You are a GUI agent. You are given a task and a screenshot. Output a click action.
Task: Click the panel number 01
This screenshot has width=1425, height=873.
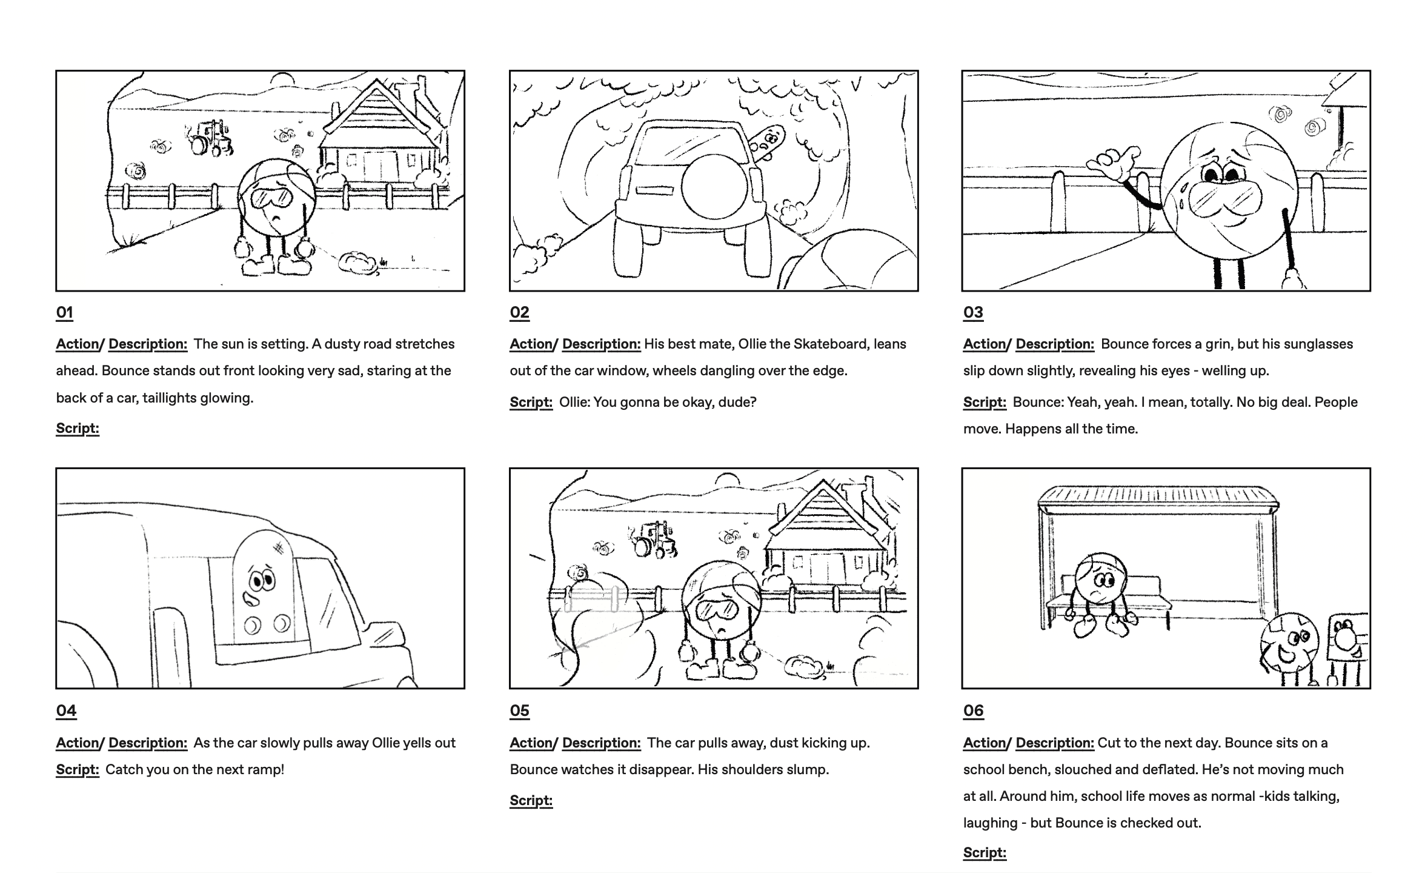(65, 313)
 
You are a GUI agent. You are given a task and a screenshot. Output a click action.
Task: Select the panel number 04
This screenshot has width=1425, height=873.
(67, 711)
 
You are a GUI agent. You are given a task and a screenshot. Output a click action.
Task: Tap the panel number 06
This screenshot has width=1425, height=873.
(974, 711)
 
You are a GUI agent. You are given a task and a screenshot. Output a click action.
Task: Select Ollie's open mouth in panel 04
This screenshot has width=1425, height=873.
(251, 600)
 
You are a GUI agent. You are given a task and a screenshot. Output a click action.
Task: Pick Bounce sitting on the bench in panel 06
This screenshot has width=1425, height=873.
(1100, 594)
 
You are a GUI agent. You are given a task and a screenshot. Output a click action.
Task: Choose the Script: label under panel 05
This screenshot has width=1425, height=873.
(531, 800)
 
